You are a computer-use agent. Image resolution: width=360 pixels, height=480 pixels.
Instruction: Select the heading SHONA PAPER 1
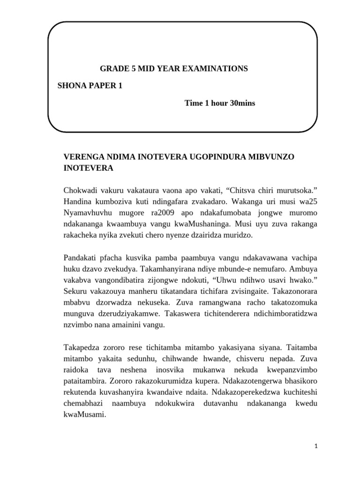click(x=90, y=86)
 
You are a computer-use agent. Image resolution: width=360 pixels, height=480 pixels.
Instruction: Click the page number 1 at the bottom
click(x=316, y=447)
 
